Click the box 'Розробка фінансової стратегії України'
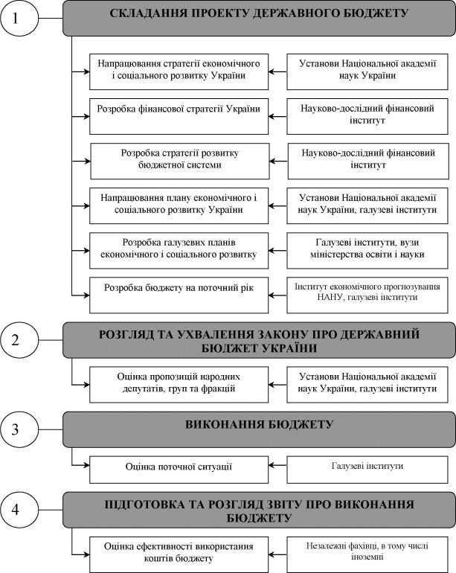179,116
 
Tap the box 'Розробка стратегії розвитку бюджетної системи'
180,161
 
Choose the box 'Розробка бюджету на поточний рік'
179,295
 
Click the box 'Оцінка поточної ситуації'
179,470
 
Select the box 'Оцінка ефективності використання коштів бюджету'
179,554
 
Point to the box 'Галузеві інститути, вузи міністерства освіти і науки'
367,251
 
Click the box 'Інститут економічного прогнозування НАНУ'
367,295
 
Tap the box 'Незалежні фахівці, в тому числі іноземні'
367,554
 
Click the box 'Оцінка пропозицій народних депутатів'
179,385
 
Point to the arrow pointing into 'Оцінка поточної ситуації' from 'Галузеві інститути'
277,465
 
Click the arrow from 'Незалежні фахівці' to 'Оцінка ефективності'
277,554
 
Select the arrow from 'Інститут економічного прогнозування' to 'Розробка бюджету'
277,295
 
